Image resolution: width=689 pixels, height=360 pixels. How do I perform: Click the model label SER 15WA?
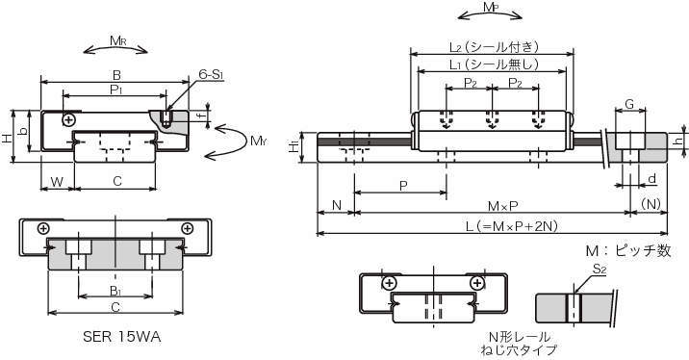122,337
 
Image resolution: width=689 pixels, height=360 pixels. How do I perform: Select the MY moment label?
259,141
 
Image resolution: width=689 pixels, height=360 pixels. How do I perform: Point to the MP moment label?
490,8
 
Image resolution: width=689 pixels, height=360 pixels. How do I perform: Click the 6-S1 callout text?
211,74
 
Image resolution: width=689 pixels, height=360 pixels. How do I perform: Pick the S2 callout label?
600,270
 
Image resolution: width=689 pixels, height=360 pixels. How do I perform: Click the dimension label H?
7,139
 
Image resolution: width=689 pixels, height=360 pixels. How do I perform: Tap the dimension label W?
57,182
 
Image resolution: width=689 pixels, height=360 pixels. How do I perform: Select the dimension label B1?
115,290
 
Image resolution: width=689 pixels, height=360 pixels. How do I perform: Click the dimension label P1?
116,90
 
